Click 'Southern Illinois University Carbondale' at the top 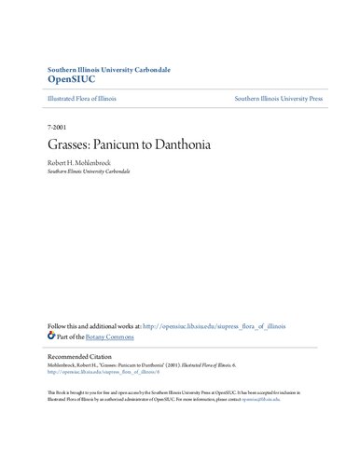104,69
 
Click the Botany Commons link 118,336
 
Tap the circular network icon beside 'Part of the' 53,336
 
